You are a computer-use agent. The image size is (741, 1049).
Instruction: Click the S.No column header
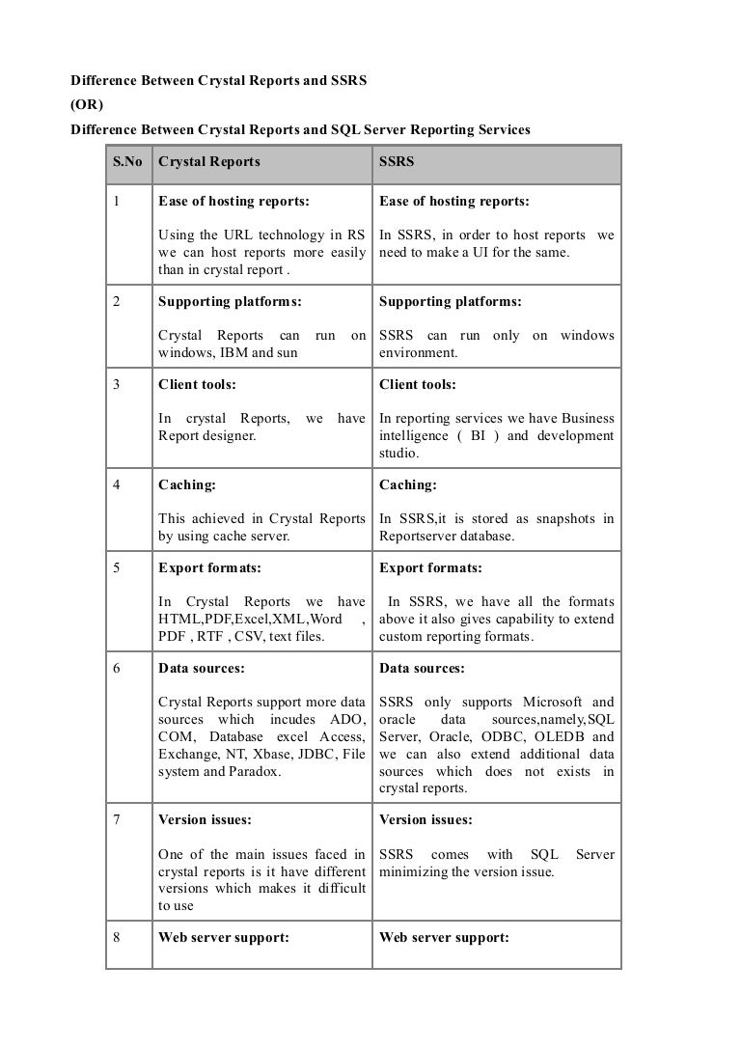tap(127, 162)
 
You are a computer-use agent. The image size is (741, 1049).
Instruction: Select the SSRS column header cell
tap(397, 162)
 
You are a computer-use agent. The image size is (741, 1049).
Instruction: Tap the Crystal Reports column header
tap(208, 162)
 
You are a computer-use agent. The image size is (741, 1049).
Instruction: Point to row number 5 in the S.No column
tap(116, 568)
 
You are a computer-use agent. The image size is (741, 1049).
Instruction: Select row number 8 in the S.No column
tap(116, 937)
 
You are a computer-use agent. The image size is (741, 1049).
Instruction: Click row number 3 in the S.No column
tap(116, 384)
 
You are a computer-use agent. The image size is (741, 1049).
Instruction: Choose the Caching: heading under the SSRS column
tap(408, 485)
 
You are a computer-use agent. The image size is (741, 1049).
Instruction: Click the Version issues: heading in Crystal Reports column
tap(205, 820)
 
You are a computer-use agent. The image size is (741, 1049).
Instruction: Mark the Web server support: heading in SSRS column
tap(444, 937)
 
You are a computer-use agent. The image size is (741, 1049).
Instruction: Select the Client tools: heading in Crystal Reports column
tap(197, 384)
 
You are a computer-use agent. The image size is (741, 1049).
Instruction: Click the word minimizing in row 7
tap(416, 872)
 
